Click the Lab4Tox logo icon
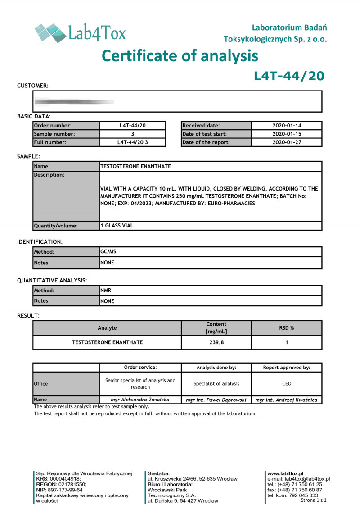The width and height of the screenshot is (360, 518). click(x=50, y=33)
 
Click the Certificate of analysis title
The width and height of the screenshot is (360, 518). click(x=180, y=56)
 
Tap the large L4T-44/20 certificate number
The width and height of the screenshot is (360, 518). click(x=289, y=76)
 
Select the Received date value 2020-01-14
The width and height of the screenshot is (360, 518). click(x=286, y=126)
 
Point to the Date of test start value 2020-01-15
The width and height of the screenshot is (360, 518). click(x=286, y=134)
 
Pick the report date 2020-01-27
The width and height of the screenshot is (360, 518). click(x=286, y=142)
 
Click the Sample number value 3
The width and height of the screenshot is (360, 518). click(x=133, y=134)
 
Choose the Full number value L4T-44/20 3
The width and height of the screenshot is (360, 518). click(x=133, y=142)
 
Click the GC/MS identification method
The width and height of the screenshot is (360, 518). click(x=105, y=252)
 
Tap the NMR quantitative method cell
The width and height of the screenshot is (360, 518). click(x=106, y=291)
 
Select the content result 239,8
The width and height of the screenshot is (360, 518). click(x=216, y=342)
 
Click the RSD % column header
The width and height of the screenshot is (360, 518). click(x=286, y=328)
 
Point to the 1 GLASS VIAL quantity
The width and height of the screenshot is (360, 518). click(x=117, y=226)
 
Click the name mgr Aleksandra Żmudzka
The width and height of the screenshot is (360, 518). click(x=140, y=400)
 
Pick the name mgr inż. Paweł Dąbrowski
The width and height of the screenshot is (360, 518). click(x=216, y=400)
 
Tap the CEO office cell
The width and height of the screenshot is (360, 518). click(x=286, y=384)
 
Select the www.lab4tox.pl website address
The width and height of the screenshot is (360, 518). click(x=285, y=473)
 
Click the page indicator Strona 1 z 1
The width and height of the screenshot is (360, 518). click(x=313, y=500)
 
